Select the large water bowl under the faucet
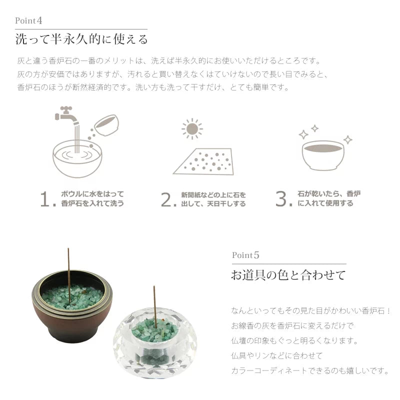coord(77,157)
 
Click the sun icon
coord(191,129)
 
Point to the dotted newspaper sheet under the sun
coord(203,161)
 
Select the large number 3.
coord(282,199)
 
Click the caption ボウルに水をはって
coord(92,194)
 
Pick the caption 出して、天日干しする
coord(213,204)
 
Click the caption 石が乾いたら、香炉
coord(329,194)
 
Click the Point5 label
coord(245,255)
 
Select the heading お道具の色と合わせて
coord(288,275)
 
